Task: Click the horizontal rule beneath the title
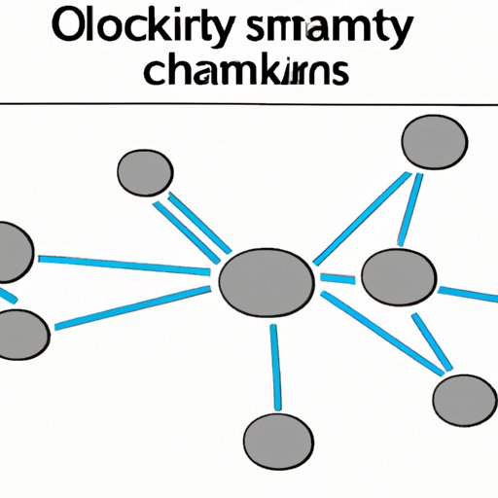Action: coord(249,102)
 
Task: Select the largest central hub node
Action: coord(267,283)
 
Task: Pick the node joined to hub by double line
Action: coord(145,173)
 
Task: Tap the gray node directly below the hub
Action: coord(276,433)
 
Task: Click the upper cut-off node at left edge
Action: coord(15,252)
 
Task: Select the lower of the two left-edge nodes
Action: coord(20,334)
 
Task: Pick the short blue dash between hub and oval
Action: coord(338,280)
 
